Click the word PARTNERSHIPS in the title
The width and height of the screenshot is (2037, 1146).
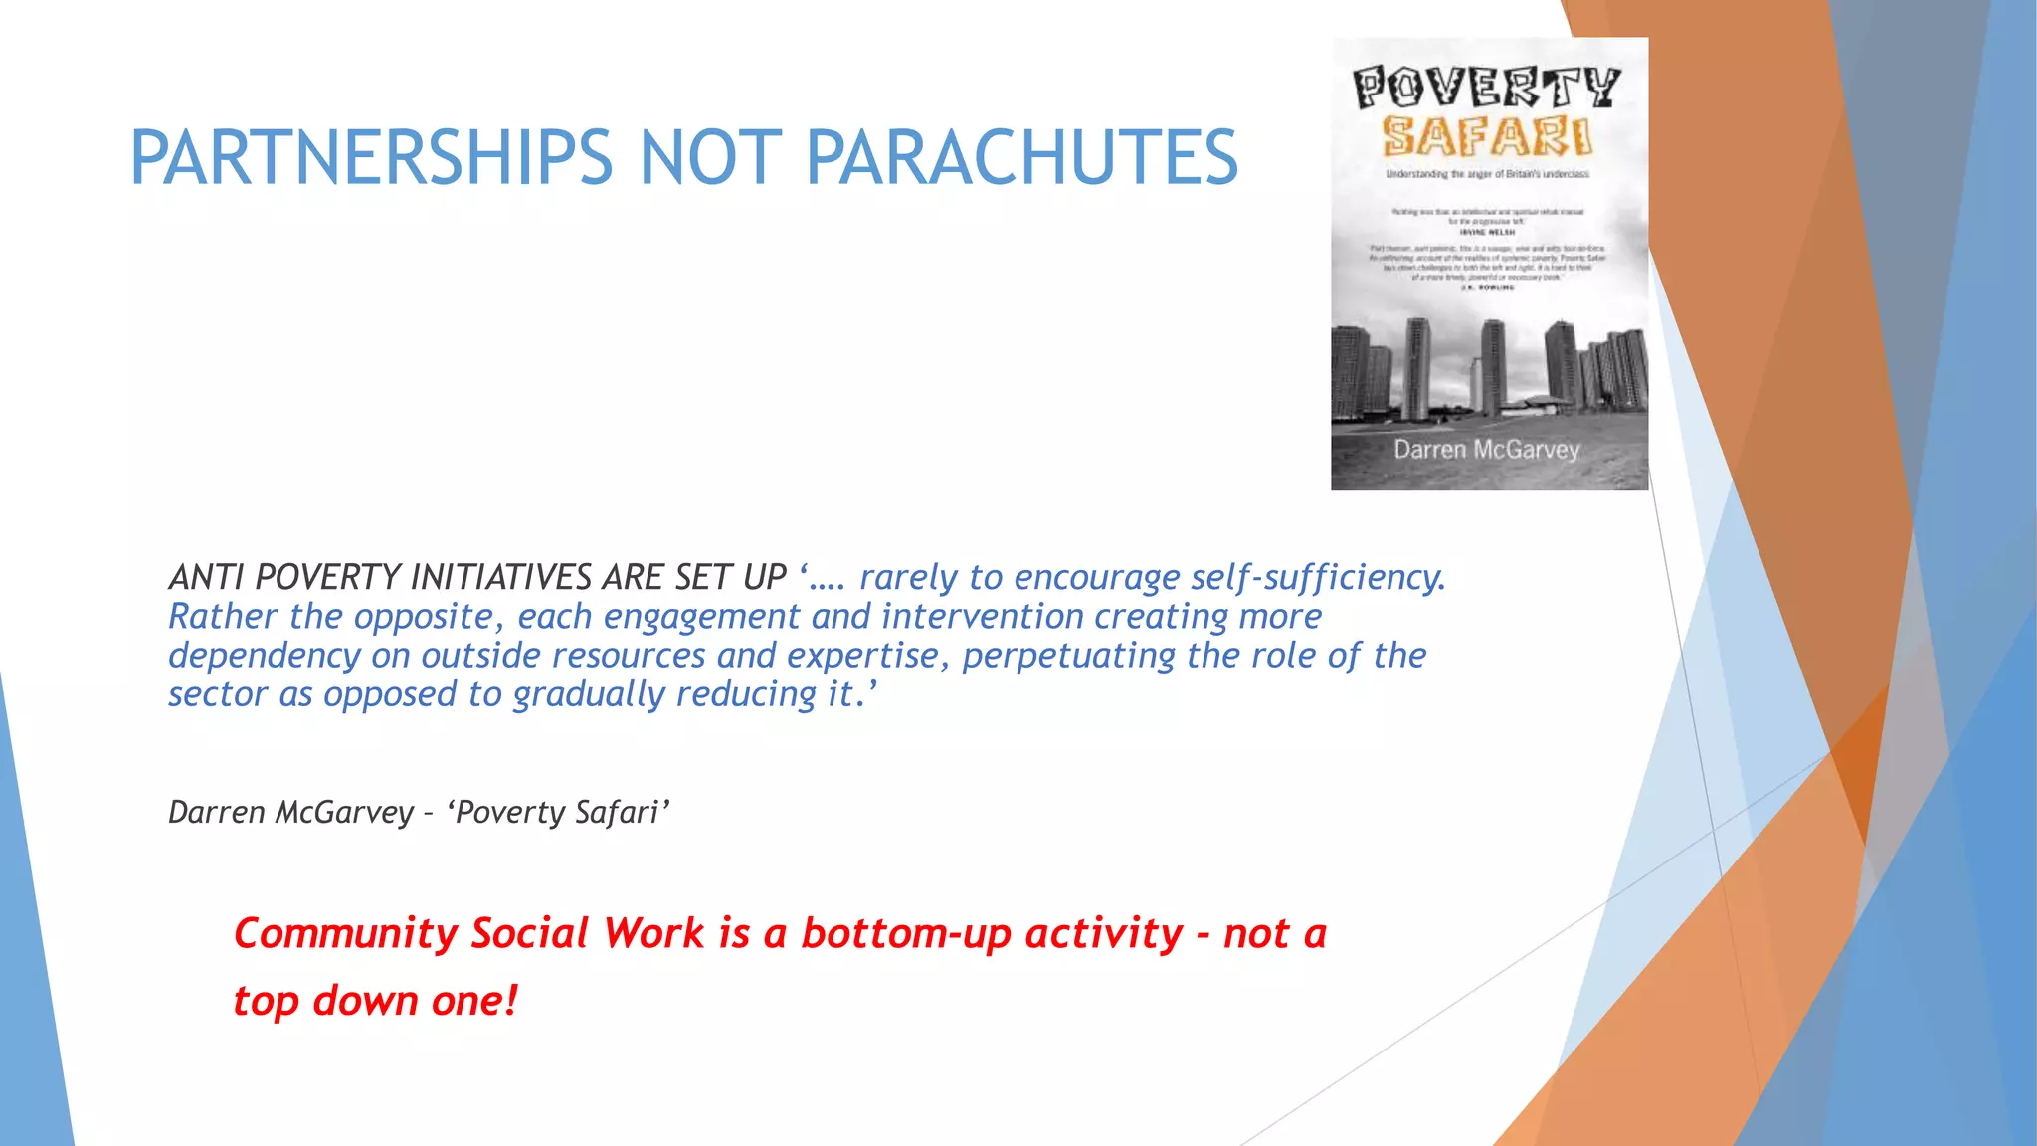click(371, 158)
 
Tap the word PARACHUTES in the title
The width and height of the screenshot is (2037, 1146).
click(1021, 158)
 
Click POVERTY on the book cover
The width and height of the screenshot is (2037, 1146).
click(1487, 89)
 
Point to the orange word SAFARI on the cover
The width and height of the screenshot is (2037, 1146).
click(1487, 137)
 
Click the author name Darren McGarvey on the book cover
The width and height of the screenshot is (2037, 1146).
click(1486, 450)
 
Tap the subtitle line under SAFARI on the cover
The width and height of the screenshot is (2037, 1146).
click(1487, 174)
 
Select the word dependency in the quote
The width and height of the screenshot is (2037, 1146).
click(264, 656)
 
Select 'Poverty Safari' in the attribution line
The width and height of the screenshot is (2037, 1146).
click(558, 813)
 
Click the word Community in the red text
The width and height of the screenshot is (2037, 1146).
click(345, 934)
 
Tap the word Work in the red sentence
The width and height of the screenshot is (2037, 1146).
click(653, 934)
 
